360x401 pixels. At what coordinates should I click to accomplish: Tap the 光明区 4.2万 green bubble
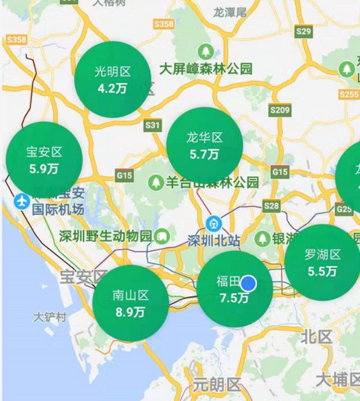point(113,80)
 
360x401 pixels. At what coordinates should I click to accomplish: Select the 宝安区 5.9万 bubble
point(44,160)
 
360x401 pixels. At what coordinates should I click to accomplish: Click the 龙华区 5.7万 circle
point(204,145)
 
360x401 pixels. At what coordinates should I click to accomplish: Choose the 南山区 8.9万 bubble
point(131,303)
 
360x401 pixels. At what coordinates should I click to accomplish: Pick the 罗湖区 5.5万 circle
point(322,263)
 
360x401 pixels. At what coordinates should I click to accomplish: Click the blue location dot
point(249,283)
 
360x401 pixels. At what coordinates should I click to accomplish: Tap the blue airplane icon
point(22,201)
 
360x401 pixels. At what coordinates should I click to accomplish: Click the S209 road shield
point(280,110)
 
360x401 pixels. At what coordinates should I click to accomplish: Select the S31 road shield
point(153,125)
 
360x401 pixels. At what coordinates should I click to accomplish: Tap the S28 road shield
point(271,205)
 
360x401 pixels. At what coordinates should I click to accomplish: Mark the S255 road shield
point(349,94)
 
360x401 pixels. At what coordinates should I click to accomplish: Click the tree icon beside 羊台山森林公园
point(155,183)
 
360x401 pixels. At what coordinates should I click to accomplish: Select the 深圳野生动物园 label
point(105,236)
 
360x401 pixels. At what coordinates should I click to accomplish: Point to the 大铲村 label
point(50,317)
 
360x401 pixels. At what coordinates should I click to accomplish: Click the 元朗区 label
point(216,384)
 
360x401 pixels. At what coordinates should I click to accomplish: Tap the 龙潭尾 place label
point(230,12)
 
